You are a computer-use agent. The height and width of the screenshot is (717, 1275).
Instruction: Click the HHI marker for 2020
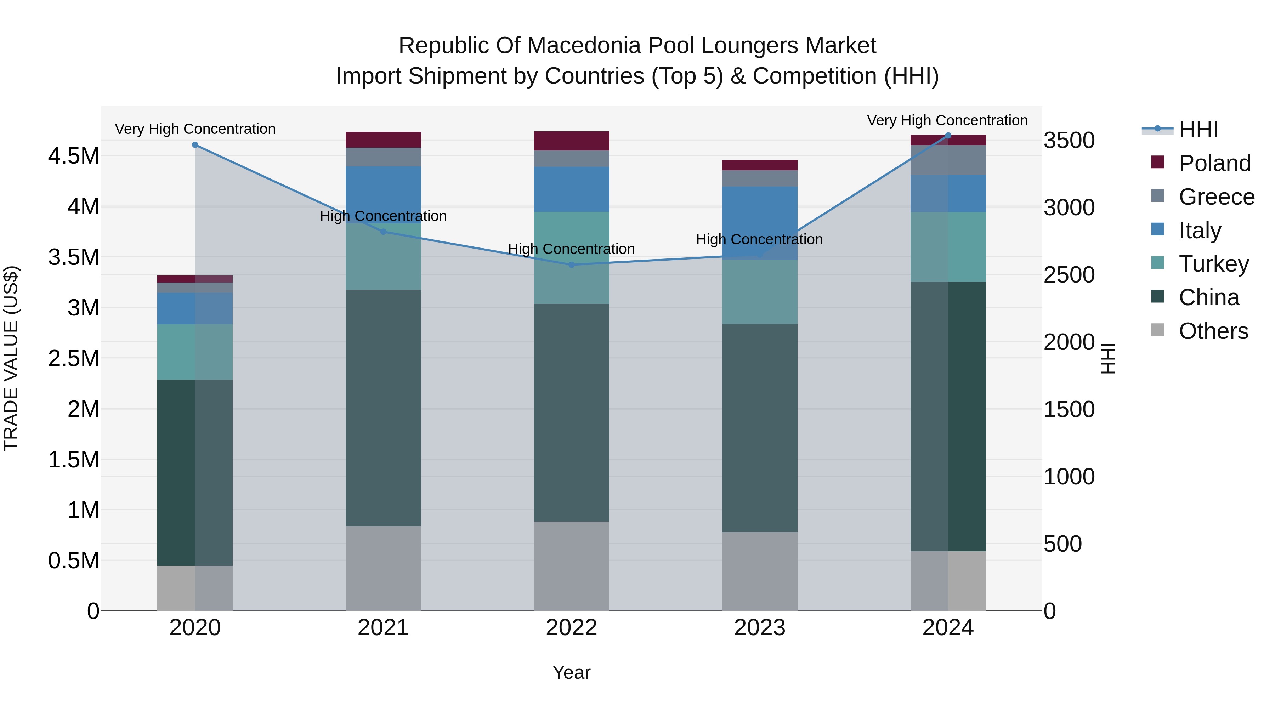195,145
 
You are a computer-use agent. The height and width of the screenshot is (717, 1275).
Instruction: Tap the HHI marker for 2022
571,265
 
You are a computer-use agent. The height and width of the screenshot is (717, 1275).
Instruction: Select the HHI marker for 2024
948,136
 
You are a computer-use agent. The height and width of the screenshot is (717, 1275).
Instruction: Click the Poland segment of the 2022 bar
571,141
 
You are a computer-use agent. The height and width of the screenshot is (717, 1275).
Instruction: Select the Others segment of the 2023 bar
759,571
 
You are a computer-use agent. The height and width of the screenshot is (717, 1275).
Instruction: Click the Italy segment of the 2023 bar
759,223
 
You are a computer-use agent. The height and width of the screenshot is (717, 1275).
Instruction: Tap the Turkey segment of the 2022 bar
571,257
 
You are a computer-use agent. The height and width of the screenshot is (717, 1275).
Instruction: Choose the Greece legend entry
1216,197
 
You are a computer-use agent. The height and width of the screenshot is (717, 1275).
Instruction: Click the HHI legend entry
1198,130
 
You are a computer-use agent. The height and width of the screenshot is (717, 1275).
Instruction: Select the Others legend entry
1213,331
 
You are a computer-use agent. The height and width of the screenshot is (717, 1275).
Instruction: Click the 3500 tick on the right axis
1069,141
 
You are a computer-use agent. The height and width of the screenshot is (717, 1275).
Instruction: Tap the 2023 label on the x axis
759,628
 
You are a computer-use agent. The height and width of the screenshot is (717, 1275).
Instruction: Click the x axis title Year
571,672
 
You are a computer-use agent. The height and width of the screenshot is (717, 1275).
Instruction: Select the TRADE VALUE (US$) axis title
11,358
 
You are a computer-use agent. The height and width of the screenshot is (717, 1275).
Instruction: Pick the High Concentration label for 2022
571,249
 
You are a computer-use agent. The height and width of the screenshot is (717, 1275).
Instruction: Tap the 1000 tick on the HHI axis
1069,477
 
